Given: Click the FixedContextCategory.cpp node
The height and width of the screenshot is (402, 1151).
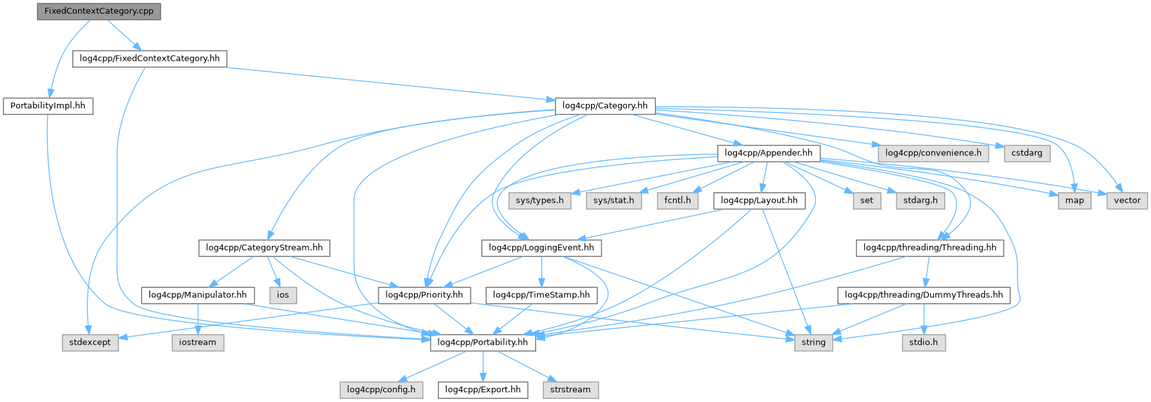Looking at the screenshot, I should click(99, 11).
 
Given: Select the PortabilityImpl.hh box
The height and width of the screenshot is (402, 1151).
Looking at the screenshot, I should click(48, 106).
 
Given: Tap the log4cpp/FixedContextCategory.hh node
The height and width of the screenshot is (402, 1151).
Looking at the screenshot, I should click(149, 59).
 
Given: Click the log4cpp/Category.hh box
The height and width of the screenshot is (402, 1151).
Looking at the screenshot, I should click(605, 106).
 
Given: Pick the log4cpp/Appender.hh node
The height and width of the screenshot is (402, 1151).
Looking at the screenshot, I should click(768, 153).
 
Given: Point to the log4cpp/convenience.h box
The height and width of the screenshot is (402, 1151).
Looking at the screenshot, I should click(933, 153).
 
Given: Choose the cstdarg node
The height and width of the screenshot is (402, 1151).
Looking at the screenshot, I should click(1026, 153).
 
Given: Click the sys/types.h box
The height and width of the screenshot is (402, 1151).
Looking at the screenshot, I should click(539, 201).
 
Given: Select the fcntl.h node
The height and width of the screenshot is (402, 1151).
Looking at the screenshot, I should click(677, 201).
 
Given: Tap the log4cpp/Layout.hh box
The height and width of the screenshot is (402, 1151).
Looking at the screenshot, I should click(759, 201).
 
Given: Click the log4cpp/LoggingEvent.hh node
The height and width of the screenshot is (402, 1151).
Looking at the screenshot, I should click(541, 248).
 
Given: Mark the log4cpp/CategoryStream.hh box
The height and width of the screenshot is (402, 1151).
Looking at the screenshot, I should click(264, 248).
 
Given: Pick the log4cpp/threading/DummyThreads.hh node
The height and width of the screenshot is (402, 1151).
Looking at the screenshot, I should click(924, 295).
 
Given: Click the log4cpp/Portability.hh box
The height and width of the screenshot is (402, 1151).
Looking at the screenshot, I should click(482, 343).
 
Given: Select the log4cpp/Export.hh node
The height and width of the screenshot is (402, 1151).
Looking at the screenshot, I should click(482, 390).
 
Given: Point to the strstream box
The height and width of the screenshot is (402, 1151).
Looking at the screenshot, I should click(570, 390).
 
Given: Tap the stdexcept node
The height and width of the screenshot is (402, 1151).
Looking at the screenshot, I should click(90, 343).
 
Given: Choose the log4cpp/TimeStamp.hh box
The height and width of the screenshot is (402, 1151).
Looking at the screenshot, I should click(541, 295).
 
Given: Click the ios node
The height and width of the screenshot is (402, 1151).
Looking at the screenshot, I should click(283, 295).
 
